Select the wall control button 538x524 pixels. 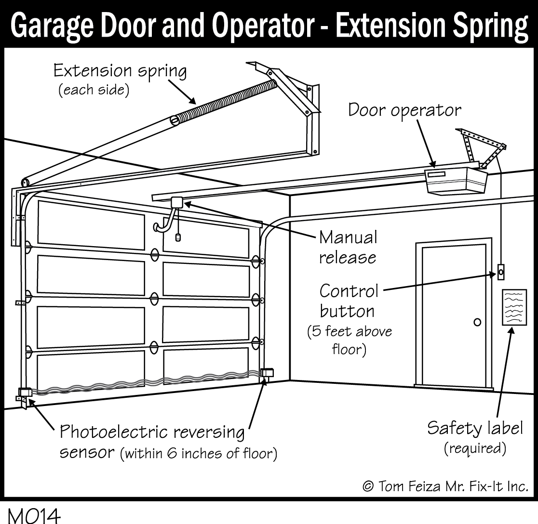click(x=501, y=272)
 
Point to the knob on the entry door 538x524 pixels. click(x=477, y=322)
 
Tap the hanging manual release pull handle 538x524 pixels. click(x=178, y=237)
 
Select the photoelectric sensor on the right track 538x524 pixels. click(x=267, y=373)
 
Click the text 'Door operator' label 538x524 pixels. click(x=404, y=110)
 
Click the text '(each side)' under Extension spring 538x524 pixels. click(x=94, y=91)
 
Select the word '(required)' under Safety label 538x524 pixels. click(x=474, y=448)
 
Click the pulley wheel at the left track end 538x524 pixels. click(x=25, y=183)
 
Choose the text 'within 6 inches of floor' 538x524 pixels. click(x=198, y=453)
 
